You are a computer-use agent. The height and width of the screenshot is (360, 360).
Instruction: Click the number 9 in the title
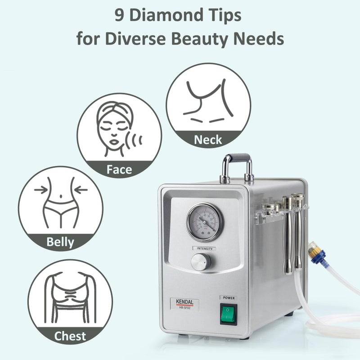[x=119, y=16]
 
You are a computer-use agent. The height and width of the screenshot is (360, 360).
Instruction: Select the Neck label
[x=208, y=139]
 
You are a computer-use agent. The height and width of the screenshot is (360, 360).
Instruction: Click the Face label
[x=119, y=169]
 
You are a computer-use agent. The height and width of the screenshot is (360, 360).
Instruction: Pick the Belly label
[x=60, y=242]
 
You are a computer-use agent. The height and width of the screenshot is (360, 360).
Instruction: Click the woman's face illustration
[x=112, y=129]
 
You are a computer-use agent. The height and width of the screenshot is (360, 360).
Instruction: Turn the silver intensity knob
[x=199, y=261]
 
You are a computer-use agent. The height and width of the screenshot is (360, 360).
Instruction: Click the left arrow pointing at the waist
[x=40, y=190]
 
